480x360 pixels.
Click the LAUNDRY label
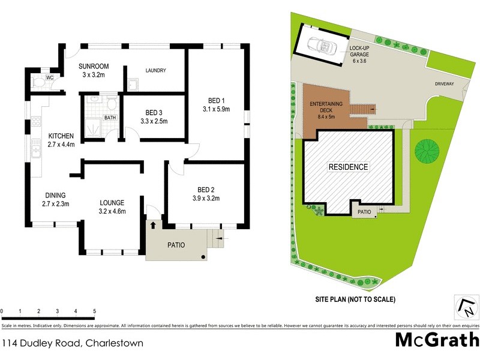point(155,71)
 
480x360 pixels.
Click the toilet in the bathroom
point(111,103)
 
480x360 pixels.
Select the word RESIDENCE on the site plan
point(348,167)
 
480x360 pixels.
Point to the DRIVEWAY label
point(445,85)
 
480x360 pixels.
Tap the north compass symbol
point(465,307)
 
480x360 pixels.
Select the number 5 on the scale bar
point(94,311)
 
